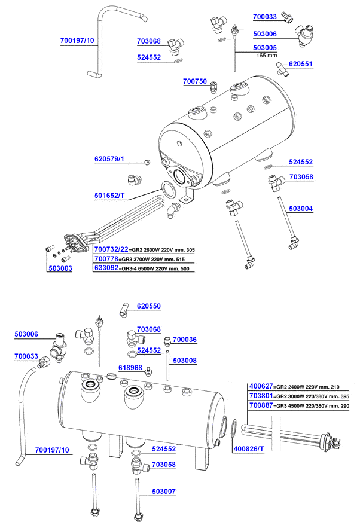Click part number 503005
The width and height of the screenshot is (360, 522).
[265, 47]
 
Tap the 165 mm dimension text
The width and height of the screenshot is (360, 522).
[267, 56]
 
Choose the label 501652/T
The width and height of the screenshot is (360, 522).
[109, 196]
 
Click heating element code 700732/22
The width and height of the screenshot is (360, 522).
[111, 249]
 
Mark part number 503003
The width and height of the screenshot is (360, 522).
[60, 269]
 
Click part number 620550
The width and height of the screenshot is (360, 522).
[149, 306]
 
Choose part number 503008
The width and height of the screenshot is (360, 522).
[185, 361]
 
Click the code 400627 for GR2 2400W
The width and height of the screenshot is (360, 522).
[260, 386]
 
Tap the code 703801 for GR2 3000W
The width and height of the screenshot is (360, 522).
[260, 396]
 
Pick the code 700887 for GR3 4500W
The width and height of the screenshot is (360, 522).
[260, 405]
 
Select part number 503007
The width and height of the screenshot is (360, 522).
[164, 491]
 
